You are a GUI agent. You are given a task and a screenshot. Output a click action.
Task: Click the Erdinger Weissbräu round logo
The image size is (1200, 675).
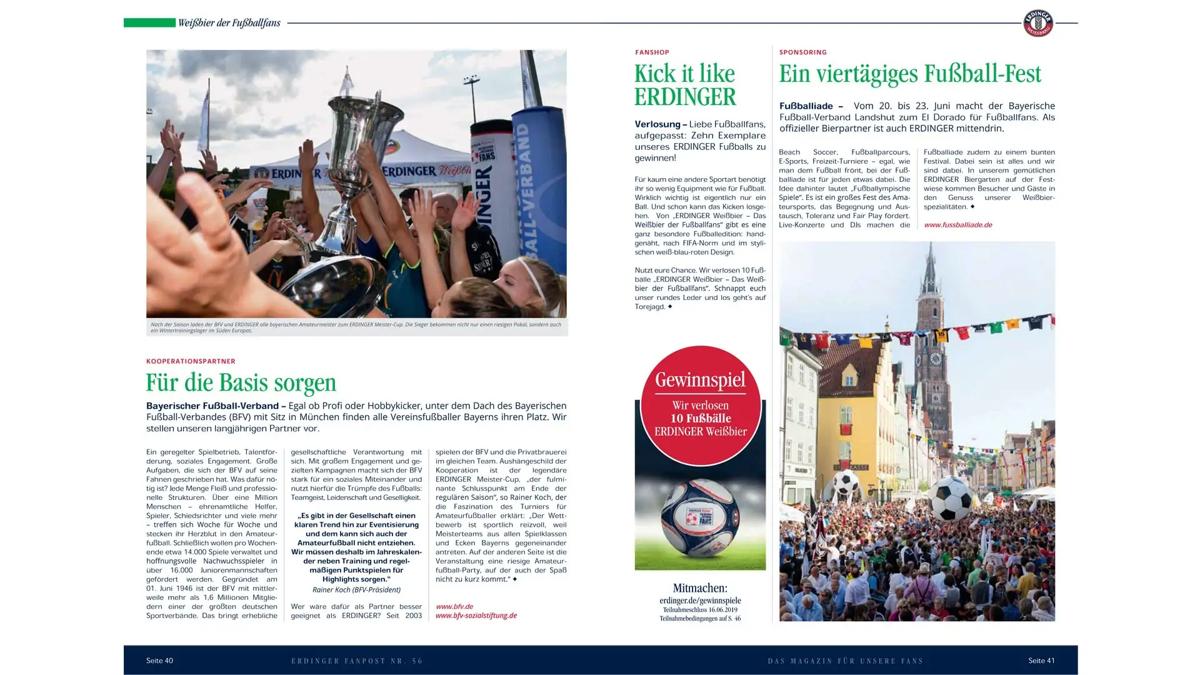1037,23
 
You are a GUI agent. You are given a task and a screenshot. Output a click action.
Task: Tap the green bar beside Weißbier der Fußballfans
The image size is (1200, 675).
149,23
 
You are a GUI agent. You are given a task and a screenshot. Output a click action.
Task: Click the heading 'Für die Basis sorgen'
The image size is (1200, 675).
241,382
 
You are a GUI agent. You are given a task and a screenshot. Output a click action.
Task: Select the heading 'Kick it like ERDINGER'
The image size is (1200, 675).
685,85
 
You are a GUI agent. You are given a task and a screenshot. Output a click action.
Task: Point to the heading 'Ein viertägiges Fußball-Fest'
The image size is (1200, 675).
910,74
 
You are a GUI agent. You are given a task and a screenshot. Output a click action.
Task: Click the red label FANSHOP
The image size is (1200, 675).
652,52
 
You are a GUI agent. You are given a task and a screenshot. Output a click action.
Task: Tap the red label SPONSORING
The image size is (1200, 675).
802,52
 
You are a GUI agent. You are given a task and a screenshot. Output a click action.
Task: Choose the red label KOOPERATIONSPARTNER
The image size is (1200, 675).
191,361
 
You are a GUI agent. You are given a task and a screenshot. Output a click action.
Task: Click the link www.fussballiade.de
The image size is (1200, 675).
957,225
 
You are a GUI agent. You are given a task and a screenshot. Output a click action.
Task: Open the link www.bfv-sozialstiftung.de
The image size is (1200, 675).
476,616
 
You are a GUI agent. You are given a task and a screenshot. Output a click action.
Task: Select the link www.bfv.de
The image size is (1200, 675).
454,606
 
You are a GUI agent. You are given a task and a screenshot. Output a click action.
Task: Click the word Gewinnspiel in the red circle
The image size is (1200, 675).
700,379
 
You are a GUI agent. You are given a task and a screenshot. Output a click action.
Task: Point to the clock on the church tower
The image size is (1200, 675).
935,359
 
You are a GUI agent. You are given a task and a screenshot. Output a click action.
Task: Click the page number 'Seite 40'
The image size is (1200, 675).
159,661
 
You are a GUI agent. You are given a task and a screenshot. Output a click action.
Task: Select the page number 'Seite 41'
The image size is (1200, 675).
1041,661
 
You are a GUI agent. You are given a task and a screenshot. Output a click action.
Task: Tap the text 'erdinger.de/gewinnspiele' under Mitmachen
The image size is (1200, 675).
700,601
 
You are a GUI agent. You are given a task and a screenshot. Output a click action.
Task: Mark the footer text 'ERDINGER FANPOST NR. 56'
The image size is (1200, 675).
357,661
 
